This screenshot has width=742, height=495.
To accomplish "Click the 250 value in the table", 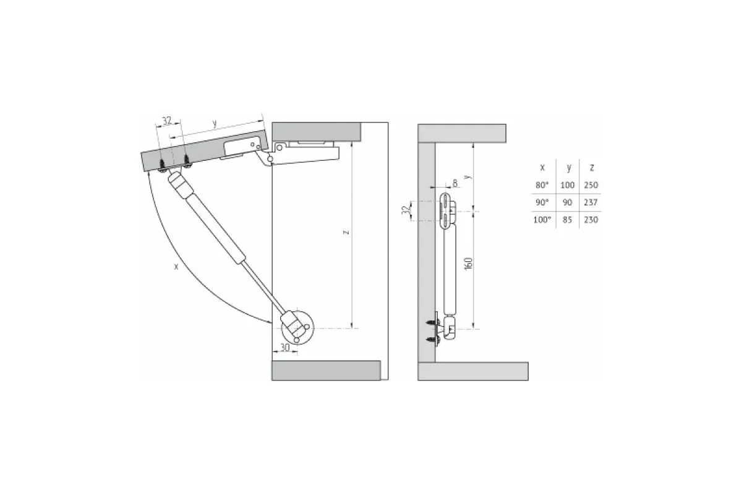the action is click(591, 184).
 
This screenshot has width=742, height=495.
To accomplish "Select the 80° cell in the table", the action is click(542, 184).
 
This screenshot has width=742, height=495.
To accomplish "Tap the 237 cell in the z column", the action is click(591, 202).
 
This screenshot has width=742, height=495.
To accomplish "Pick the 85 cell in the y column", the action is click(568, 220).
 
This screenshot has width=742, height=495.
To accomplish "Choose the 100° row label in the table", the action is click(542, 220).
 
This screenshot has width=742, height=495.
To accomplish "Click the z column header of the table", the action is click(592, 168).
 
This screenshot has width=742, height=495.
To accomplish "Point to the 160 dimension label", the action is click(469, 264).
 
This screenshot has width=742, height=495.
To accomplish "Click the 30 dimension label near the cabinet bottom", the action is click(285, 347).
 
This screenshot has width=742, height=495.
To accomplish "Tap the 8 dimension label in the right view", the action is click(455, 183).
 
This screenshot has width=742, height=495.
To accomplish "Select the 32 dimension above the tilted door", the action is click(167, 121).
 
